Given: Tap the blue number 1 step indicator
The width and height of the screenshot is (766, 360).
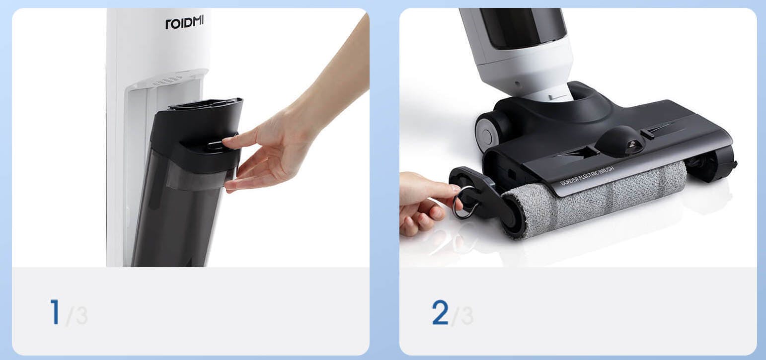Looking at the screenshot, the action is pyautogui.click(x=55, y=312).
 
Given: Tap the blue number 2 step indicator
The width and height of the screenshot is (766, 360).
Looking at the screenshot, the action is pyautogui.click(x=440, y=312).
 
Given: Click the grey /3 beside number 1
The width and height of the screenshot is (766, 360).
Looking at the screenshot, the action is pyautogui.click(x=77, y=315).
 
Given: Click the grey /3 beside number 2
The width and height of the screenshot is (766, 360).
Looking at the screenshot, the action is pyautogui.click(x=462, y=315).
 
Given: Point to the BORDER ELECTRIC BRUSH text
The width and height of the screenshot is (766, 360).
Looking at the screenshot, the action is pyautogui.click(x=587, y=176).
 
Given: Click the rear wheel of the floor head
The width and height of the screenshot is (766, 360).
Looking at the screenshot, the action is pyautogui.click(x=487, y=132).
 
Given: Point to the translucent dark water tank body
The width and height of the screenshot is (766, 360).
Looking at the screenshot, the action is pyautogui.click(x=178, y=212).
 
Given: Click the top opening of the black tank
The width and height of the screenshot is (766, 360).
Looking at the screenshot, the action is pyautogui.click(x=205, y=104).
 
